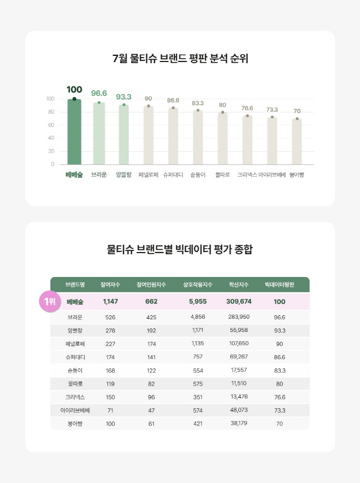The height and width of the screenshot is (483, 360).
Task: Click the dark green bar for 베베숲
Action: tap(74, 133)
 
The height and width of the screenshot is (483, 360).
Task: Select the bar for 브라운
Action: tap(99, 134)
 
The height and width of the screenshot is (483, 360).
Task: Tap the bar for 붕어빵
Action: tap(297, 142)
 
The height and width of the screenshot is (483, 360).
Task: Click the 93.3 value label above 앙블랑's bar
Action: tap(124, 97)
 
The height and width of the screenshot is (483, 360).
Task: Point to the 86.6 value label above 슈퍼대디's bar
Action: tap(173, 101)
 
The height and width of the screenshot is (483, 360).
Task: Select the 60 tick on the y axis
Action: tap(52, 125)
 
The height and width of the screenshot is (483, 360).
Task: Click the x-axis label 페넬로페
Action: tap(148, 174)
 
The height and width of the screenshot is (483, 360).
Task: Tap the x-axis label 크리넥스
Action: tap(246, 174)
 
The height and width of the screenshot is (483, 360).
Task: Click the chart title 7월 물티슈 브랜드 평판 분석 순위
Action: tap(180, 59)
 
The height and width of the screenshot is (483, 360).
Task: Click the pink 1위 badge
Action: tap(48, 301)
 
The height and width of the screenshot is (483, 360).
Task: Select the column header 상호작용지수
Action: tap(198, 285)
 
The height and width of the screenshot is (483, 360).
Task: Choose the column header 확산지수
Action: tap(239, 285)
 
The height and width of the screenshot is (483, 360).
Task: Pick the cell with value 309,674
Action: tap(239, 302)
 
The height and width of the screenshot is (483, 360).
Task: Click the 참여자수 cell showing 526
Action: tap(110, 317)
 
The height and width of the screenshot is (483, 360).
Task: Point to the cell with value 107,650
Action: tap(239, 344)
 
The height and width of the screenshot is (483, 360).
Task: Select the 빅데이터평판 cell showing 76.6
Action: tap(280, 397)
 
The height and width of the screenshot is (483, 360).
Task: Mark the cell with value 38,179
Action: tap(239, 424)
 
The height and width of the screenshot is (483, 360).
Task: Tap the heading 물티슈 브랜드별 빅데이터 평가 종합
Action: tap(180, 250)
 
